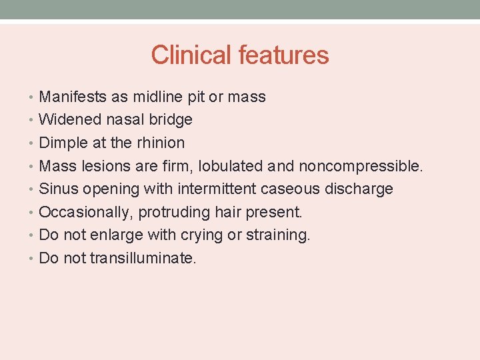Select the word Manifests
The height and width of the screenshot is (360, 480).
[x=73, y=97]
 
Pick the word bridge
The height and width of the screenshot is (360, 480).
[x=171, y=120]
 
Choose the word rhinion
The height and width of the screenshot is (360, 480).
[x=159, y=143]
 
